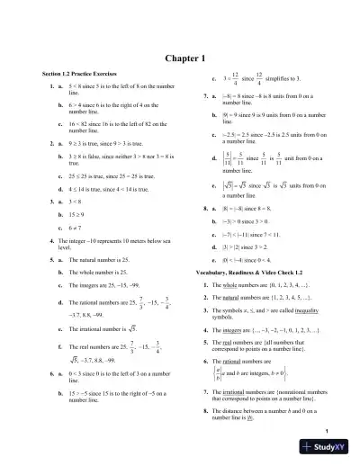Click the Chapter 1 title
(x=180, y=58)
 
